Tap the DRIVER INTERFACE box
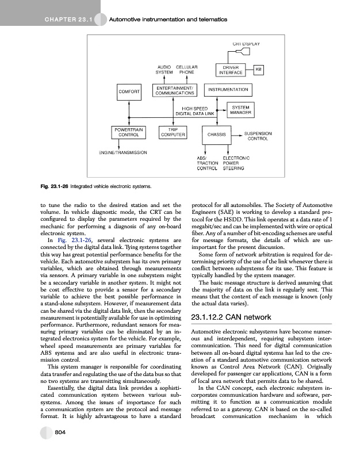point(229,70)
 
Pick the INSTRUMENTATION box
point(228,90)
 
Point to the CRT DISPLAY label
point(247,44)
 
